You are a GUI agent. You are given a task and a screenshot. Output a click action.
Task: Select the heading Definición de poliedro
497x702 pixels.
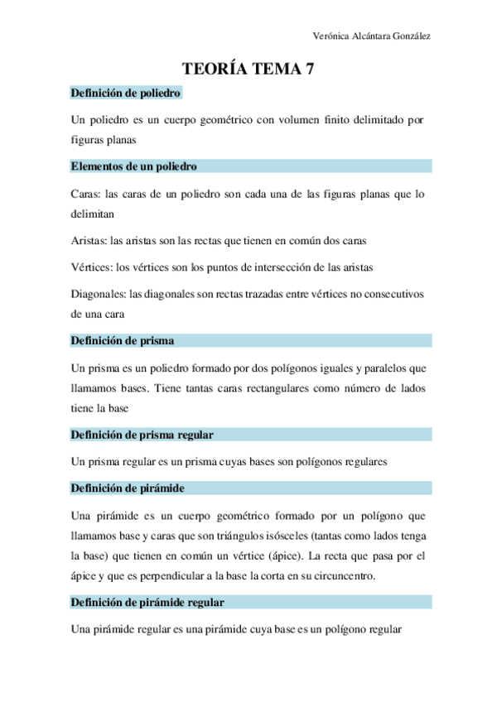[126, 94]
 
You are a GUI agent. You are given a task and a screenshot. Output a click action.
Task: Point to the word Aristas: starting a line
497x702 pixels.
[90, 240]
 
